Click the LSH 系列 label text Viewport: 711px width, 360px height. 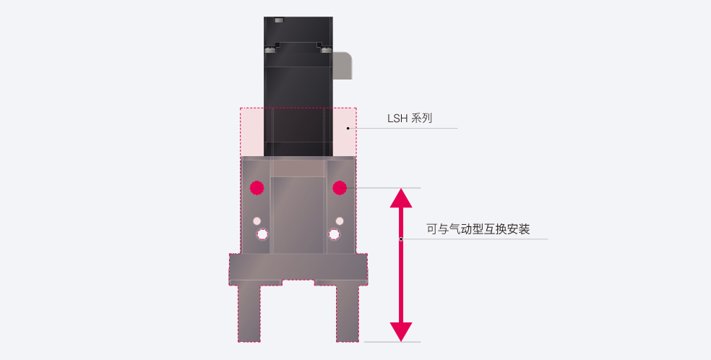[410, 119]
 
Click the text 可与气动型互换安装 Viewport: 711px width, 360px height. [478, 229]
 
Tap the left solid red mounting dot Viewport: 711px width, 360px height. [257, 188]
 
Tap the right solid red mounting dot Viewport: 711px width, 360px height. [340, 188]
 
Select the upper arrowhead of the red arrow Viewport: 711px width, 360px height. [401, 198]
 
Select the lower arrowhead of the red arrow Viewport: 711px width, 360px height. [401, 332]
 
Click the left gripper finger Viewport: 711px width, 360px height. [249, 313]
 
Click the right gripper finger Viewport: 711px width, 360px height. [348, 313]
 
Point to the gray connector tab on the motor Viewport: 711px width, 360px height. [342, 66]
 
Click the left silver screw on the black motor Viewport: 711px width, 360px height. [270, 49]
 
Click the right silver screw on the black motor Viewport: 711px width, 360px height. [327, 49]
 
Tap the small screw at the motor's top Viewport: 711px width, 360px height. [279, 20]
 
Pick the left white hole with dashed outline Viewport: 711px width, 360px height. [262, 234]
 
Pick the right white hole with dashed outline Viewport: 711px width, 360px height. [335, 234]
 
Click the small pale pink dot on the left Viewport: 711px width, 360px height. [257, 221]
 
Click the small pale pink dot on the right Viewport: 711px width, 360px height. [340, 221]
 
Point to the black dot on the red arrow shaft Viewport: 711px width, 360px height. [401, 239]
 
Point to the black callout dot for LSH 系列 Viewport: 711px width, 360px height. [348, 128]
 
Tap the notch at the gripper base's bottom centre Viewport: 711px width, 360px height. [298, 283]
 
